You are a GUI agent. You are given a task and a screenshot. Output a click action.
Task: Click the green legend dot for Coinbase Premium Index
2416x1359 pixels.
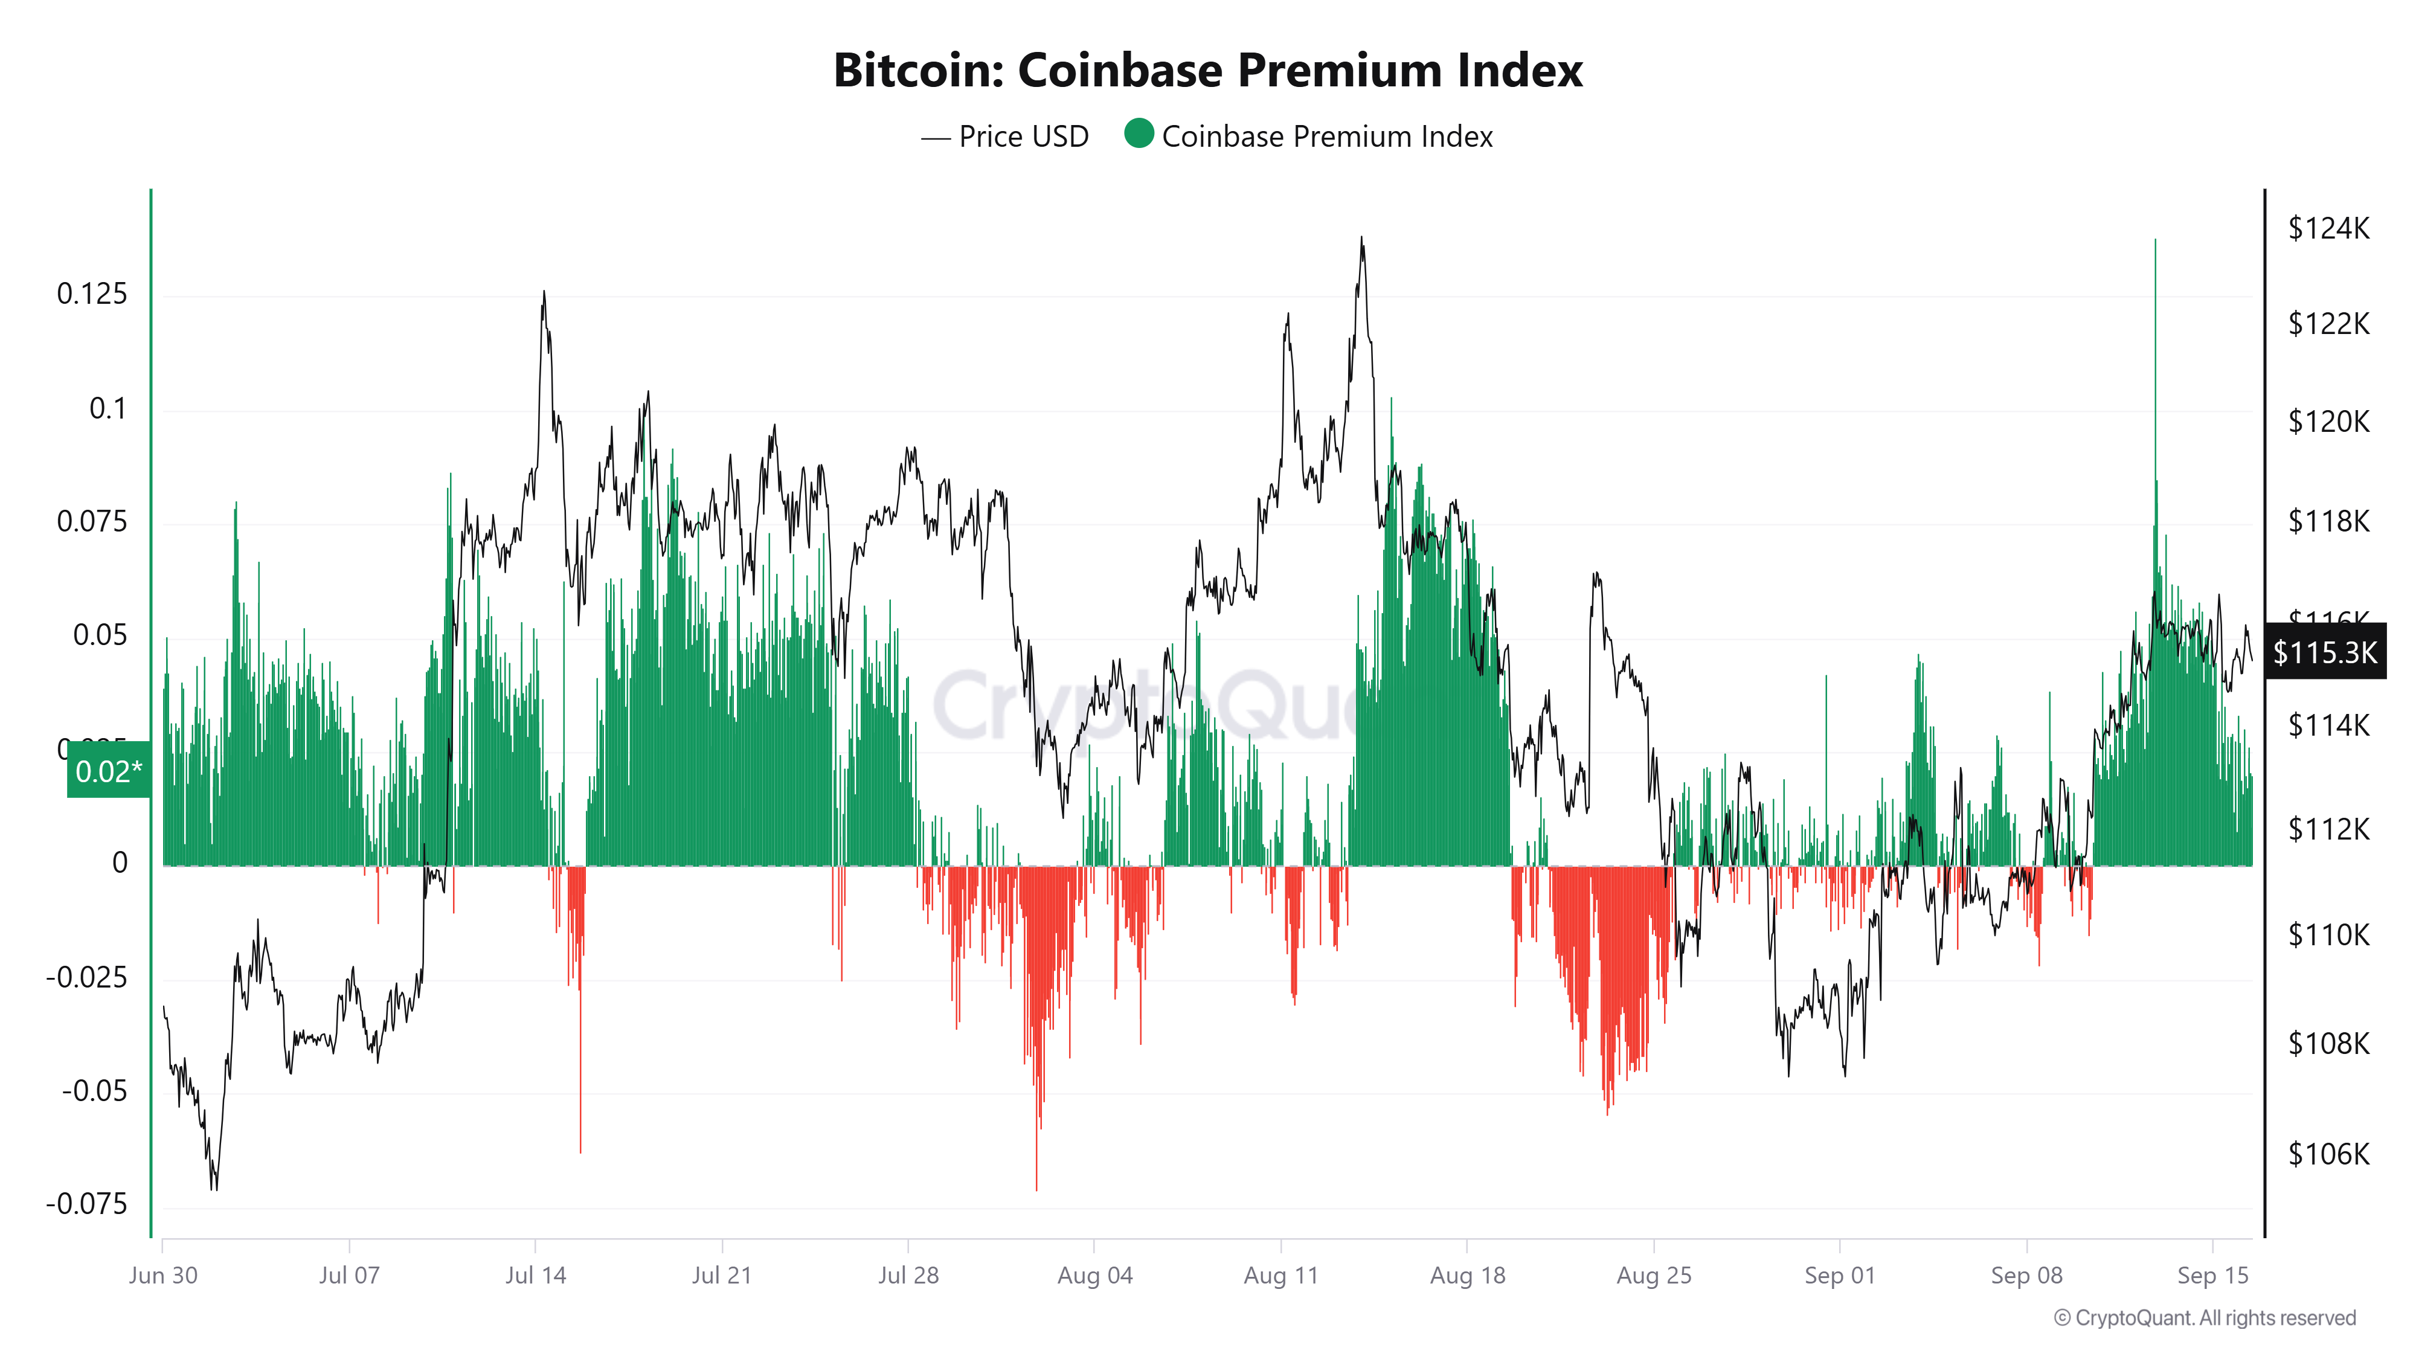click(1139, 134)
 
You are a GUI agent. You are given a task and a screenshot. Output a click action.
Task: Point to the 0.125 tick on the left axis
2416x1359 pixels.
click(92, 295)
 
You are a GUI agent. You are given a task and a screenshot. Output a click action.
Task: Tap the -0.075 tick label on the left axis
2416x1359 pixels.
click(86, 1204)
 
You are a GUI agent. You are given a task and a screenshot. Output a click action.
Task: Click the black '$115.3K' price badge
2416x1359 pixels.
click(2324, 652)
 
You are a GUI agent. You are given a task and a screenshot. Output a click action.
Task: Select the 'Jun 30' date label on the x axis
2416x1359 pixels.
click(163, 1276)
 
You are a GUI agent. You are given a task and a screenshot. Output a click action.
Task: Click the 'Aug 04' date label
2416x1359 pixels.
click(1094, 1276)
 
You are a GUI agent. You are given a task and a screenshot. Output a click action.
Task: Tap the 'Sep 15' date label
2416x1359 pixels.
click(2212, 1276)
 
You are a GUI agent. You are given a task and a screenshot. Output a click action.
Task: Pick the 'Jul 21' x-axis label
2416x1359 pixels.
click(721, 1276)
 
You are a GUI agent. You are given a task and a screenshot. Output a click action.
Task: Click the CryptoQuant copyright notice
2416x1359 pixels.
click(2204, 1318)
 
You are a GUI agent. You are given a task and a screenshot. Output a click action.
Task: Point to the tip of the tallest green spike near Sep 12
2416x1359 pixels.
click(2155, 240)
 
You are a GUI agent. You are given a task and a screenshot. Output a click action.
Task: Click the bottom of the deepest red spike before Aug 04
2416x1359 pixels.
click(1036, 1189)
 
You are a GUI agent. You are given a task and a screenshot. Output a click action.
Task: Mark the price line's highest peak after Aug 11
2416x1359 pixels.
click(1362, 237)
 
